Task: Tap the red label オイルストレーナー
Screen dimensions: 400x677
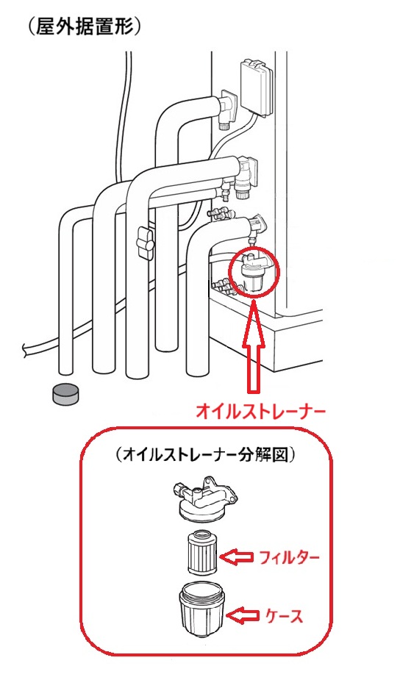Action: click(x=260, y=412)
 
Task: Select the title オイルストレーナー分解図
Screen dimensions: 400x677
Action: click(x=205, y=455)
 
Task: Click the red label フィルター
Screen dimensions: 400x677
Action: click(x=289, y=557)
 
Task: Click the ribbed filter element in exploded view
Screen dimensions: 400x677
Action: click(x=202, y=553)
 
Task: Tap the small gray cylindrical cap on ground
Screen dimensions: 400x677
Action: click(x=65, y=393)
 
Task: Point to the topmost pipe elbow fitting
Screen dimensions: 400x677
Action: click(x=229, y=108)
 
